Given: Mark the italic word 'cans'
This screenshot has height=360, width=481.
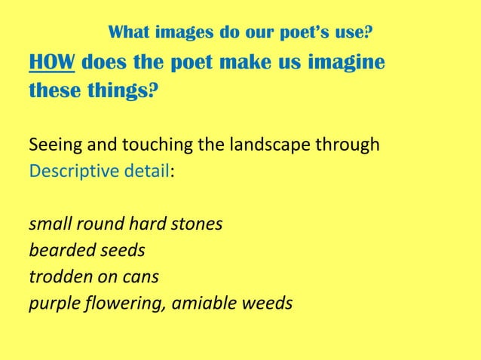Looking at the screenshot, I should (141, 277).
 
